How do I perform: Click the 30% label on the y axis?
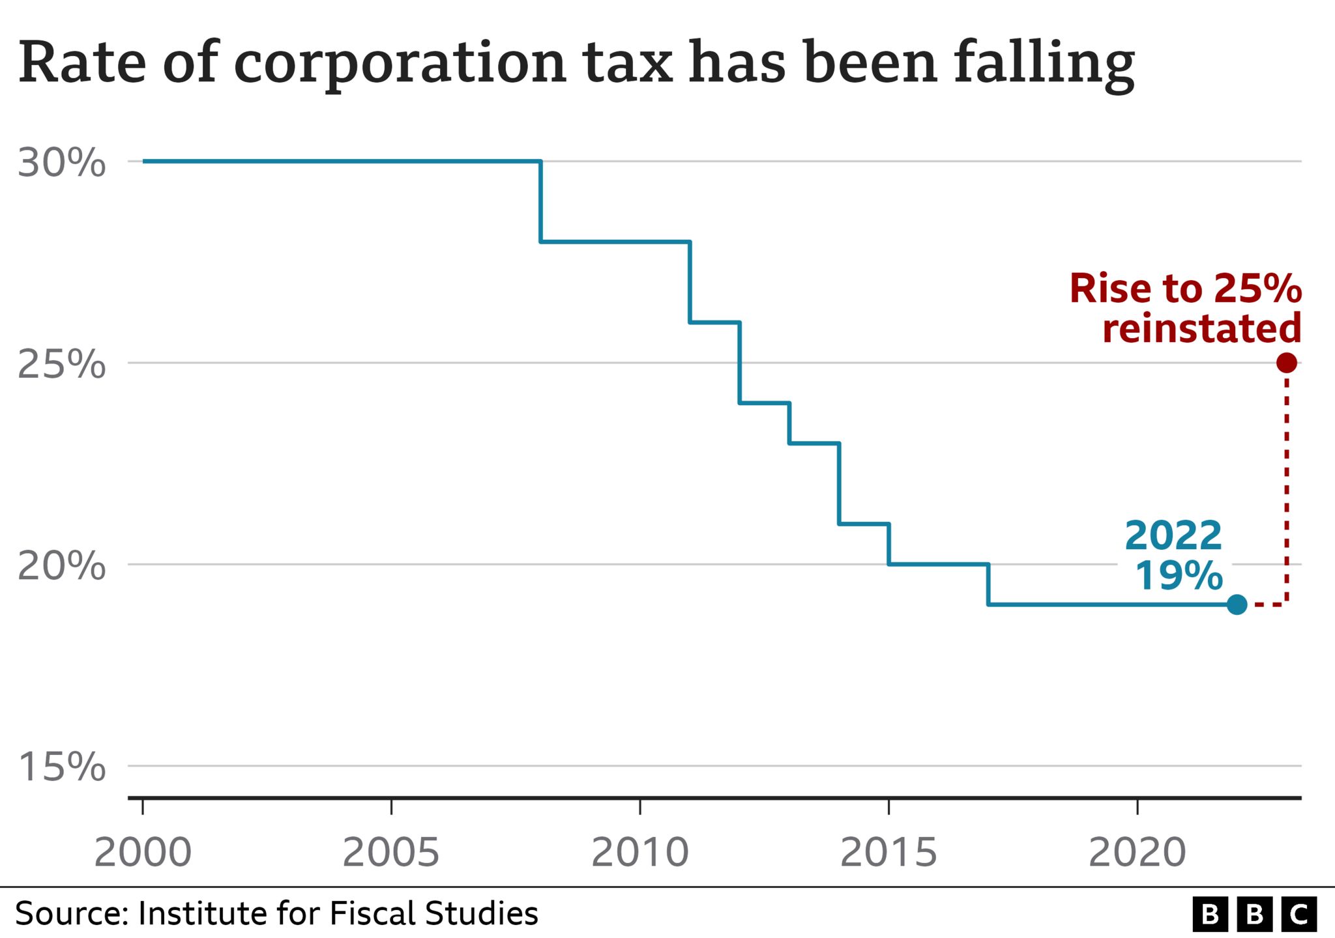61,163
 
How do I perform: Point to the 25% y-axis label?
61,364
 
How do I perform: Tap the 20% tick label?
61,565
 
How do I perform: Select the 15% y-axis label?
61,767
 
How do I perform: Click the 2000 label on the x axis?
143,852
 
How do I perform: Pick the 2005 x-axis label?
391,852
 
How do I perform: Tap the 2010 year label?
640,852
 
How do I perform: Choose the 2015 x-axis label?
888,852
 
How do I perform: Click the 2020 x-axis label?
1137,852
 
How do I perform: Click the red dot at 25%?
1287,363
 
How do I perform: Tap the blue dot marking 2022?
1237,604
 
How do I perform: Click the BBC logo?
1255,915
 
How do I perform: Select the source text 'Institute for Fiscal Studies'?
338,913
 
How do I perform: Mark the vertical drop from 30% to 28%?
540,201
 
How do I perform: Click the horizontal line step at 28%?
615,242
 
